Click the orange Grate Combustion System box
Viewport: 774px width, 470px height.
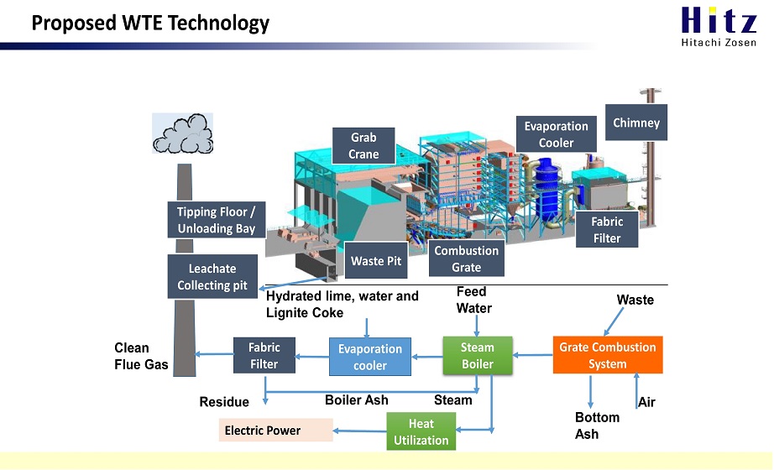click(x=608, y=355)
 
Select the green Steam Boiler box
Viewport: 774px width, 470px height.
click(x=478, y=356)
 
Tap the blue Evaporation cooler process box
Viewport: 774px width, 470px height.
click(x=370, y=357)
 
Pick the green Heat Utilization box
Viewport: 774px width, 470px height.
click(x=421, y=431)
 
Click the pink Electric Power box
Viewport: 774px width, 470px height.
click(x=276, y=430)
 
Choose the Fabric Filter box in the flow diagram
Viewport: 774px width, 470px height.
click(x=264, y=356)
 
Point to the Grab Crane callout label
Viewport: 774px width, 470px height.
click(x=363, y=146)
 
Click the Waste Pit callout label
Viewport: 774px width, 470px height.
click(x=376, y=260)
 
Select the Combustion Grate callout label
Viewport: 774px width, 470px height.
click(x=467, y=258)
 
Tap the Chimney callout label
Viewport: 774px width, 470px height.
click(x=636, y=123)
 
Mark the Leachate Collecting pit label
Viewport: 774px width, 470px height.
click(x=212, y=276)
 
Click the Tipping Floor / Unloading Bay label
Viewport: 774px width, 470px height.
click(x=217, y=220)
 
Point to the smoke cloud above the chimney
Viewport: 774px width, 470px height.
click(x=183, y=133)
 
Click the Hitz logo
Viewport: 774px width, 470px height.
click(x=719, y=26)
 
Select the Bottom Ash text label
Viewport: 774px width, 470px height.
click(x=597, y=426)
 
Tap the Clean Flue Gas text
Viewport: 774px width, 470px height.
click(x=141, y=356)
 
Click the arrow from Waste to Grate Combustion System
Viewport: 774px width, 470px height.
click(x=614, y=322)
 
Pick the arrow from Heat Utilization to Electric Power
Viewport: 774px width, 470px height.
click(x=360, y=431)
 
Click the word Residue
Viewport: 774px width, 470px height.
click(x=224, y=402)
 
